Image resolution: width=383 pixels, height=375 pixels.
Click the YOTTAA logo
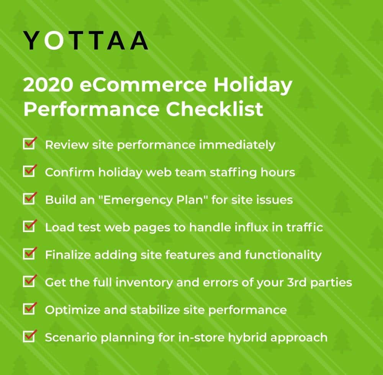pos(85,41)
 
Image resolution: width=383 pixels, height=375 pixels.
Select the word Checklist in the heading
pos(214,109)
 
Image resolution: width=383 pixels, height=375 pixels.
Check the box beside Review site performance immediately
pos(29,143)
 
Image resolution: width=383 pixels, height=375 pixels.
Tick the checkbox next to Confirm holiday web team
pos(29,171)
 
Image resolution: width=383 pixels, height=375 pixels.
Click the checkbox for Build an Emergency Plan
pos(29,198)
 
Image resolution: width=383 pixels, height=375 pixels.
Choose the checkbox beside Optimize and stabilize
pos(29,309)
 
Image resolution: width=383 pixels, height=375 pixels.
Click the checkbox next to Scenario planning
pos(29,336)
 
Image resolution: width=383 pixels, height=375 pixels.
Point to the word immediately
pos(237,145)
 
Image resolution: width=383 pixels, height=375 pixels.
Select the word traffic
pos(304,227)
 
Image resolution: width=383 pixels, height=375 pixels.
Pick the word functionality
pos(283,255)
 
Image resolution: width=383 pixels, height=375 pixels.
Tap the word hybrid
pos(247,338)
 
